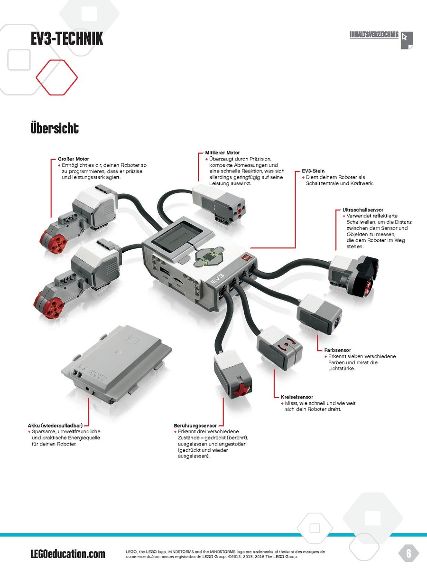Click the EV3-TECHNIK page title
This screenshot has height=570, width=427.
pos(67,38)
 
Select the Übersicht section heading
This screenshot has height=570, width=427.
pos(55,128)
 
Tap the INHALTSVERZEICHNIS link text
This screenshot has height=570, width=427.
pos(374,35)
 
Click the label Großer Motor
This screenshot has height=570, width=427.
pos(73,159)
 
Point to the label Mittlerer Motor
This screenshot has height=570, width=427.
pos(222,152)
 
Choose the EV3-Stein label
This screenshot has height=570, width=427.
pos(313,171)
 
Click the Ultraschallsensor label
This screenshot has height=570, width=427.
pos(362,209)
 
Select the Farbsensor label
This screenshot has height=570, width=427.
pos(337,350)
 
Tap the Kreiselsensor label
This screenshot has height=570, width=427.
pos(297,397)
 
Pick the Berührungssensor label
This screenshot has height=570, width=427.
pos(195,425)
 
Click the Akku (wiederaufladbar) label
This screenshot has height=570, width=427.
pos(55,425)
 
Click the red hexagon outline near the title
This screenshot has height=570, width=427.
pos(57,77)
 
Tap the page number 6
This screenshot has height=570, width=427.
pos(408,553)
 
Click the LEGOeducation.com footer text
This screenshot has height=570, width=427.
pos(68,554)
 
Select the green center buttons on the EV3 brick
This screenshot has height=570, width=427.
pos(208,256)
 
